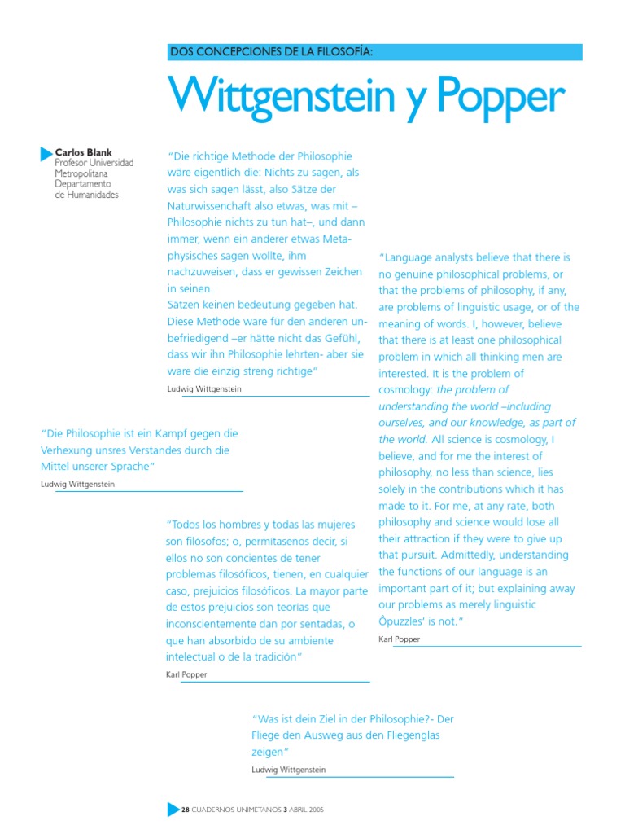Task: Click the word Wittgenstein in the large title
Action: (x=290, y=97)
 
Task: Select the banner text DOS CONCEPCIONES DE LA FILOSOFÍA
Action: (x=270, y=53)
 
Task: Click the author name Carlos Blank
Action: (x=84, y=152)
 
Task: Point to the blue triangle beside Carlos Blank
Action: (x=46, y=152)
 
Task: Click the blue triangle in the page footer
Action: (x=172, y=810)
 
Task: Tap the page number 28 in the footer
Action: (x=185, y=810)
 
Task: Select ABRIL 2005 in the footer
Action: (x=307, y=810)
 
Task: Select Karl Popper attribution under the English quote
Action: (x=400, y=640)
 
